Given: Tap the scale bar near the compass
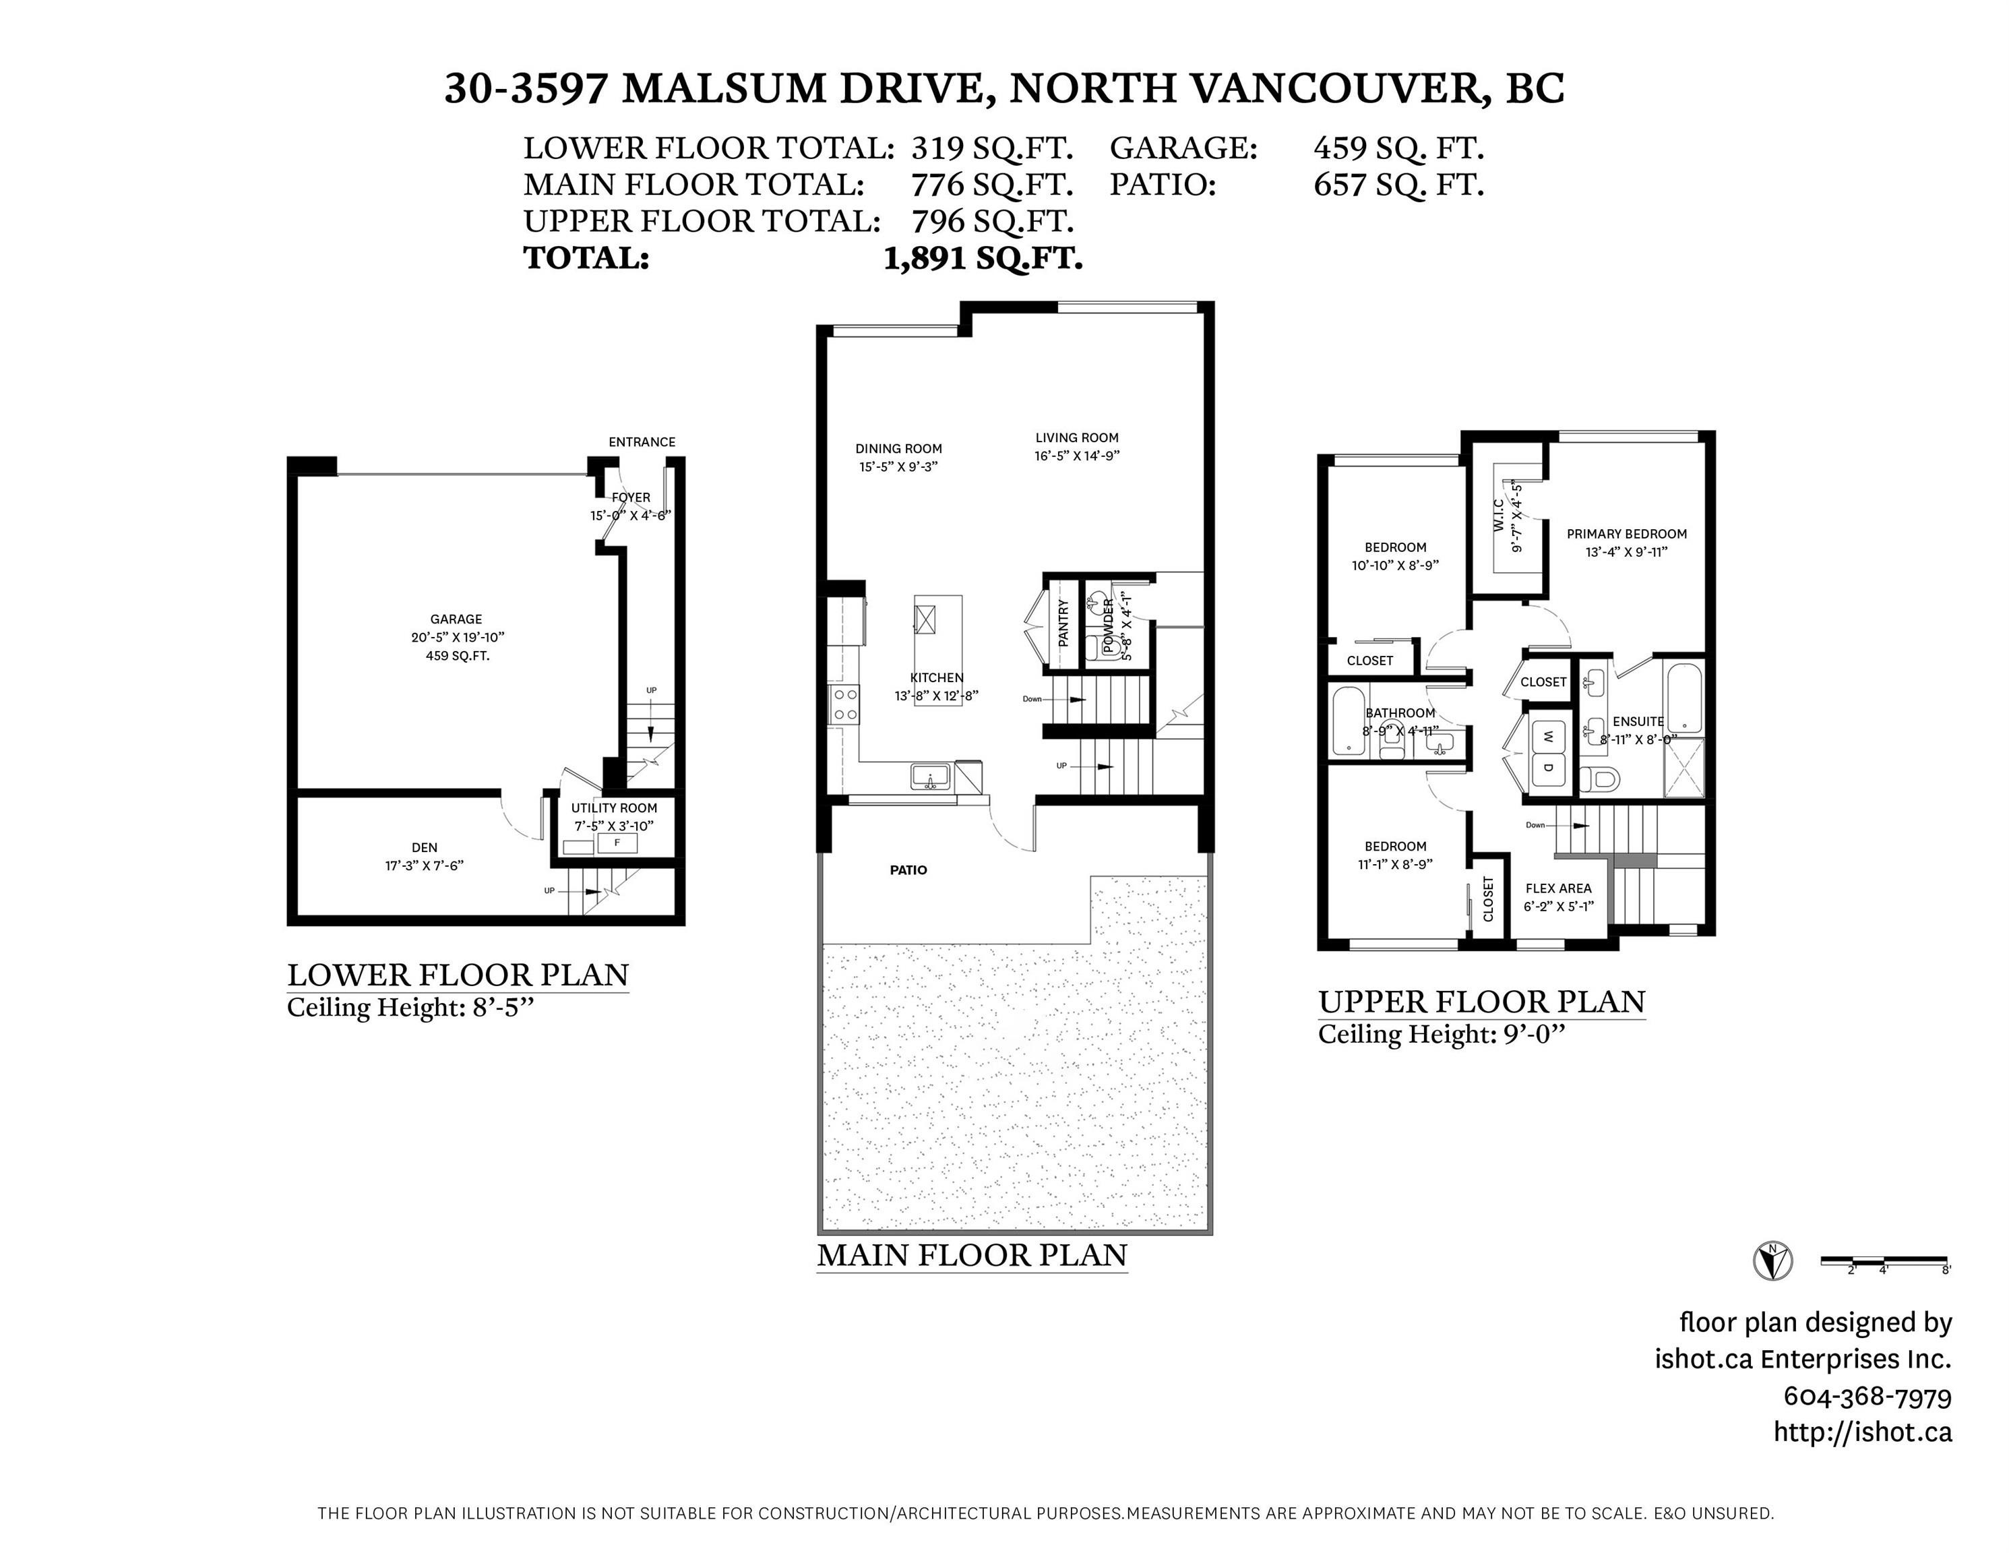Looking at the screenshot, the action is [1885, 1263].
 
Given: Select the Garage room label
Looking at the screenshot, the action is [456, 619].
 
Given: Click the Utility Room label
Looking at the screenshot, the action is [615, 808].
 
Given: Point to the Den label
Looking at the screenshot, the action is [425, 847].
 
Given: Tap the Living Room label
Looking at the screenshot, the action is [1076, 438].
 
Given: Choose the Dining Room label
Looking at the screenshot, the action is [899, 449].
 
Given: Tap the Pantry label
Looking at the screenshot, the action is [1063, 623].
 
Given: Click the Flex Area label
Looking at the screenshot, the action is [1558, 889].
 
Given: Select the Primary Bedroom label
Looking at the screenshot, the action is [1628, 534].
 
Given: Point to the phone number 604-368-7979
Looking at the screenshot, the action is [1867, 1397].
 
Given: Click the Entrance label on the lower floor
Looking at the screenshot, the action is [642, 441].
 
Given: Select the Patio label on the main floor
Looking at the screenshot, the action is [909, 870].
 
